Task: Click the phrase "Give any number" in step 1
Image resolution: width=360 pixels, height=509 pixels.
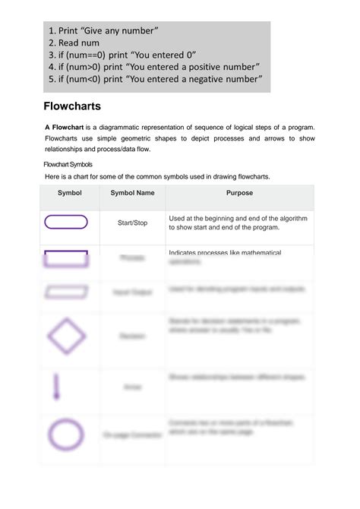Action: [118, 30]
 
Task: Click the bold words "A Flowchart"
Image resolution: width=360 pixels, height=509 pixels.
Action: [65, 126]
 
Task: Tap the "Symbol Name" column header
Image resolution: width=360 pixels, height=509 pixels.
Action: [132, 193]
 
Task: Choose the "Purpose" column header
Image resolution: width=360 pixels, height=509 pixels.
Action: [239, 193]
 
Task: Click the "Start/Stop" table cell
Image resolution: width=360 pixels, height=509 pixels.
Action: [133, 223]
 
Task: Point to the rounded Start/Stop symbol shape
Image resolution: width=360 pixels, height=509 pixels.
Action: [67, 222]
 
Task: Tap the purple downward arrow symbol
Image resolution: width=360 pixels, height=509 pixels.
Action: [55, 386]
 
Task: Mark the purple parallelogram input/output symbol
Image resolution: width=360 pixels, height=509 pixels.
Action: [67, 291]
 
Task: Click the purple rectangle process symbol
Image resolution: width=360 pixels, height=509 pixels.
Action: [67, 258]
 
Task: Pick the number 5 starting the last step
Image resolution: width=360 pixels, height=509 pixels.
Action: [54, 80]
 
